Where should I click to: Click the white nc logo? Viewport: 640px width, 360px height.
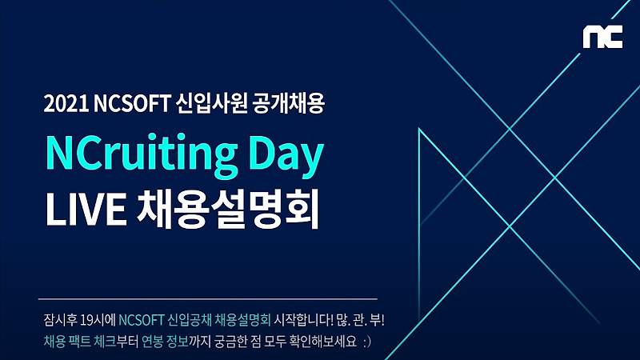[602, 37]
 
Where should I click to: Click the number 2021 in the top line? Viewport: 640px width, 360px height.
[66, 104]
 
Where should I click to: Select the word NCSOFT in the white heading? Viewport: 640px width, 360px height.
[131, 104]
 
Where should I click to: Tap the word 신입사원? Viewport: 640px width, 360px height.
[211, 103]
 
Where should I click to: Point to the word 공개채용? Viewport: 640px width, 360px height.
[289, 103]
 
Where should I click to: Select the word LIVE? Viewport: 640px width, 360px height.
[86, 209]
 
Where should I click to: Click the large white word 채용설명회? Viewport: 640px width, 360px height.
[228, 209]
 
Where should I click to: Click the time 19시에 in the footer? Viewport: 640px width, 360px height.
[98, 319]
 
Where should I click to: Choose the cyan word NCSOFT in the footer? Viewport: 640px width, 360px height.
[142, 319]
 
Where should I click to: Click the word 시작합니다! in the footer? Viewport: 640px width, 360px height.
[304, 319]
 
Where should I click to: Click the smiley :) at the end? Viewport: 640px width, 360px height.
[367, 342]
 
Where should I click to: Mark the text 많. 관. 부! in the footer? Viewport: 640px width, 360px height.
[361, 319]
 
